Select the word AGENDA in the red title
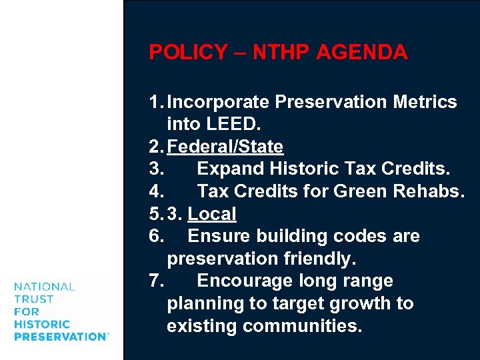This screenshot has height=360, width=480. (x=366, y=53)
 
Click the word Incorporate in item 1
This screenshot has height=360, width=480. (x=219, y=102)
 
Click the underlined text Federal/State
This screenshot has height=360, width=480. (x=225, y=147)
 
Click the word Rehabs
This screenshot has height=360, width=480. (x=428, y=191)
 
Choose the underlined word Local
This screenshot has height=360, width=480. (x=212, y=214)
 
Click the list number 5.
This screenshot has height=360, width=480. (x=155, y=214)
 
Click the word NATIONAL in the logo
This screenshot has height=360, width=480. (x=44, y=287)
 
